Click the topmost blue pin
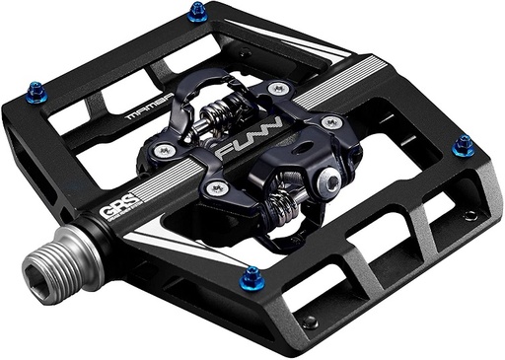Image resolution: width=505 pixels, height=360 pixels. [x=197, y=11]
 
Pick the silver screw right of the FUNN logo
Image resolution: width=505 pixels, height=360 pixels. [x=332, y=123]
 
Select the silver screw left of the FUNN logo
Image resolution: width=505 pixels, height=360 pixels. [x=163, y=151]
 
